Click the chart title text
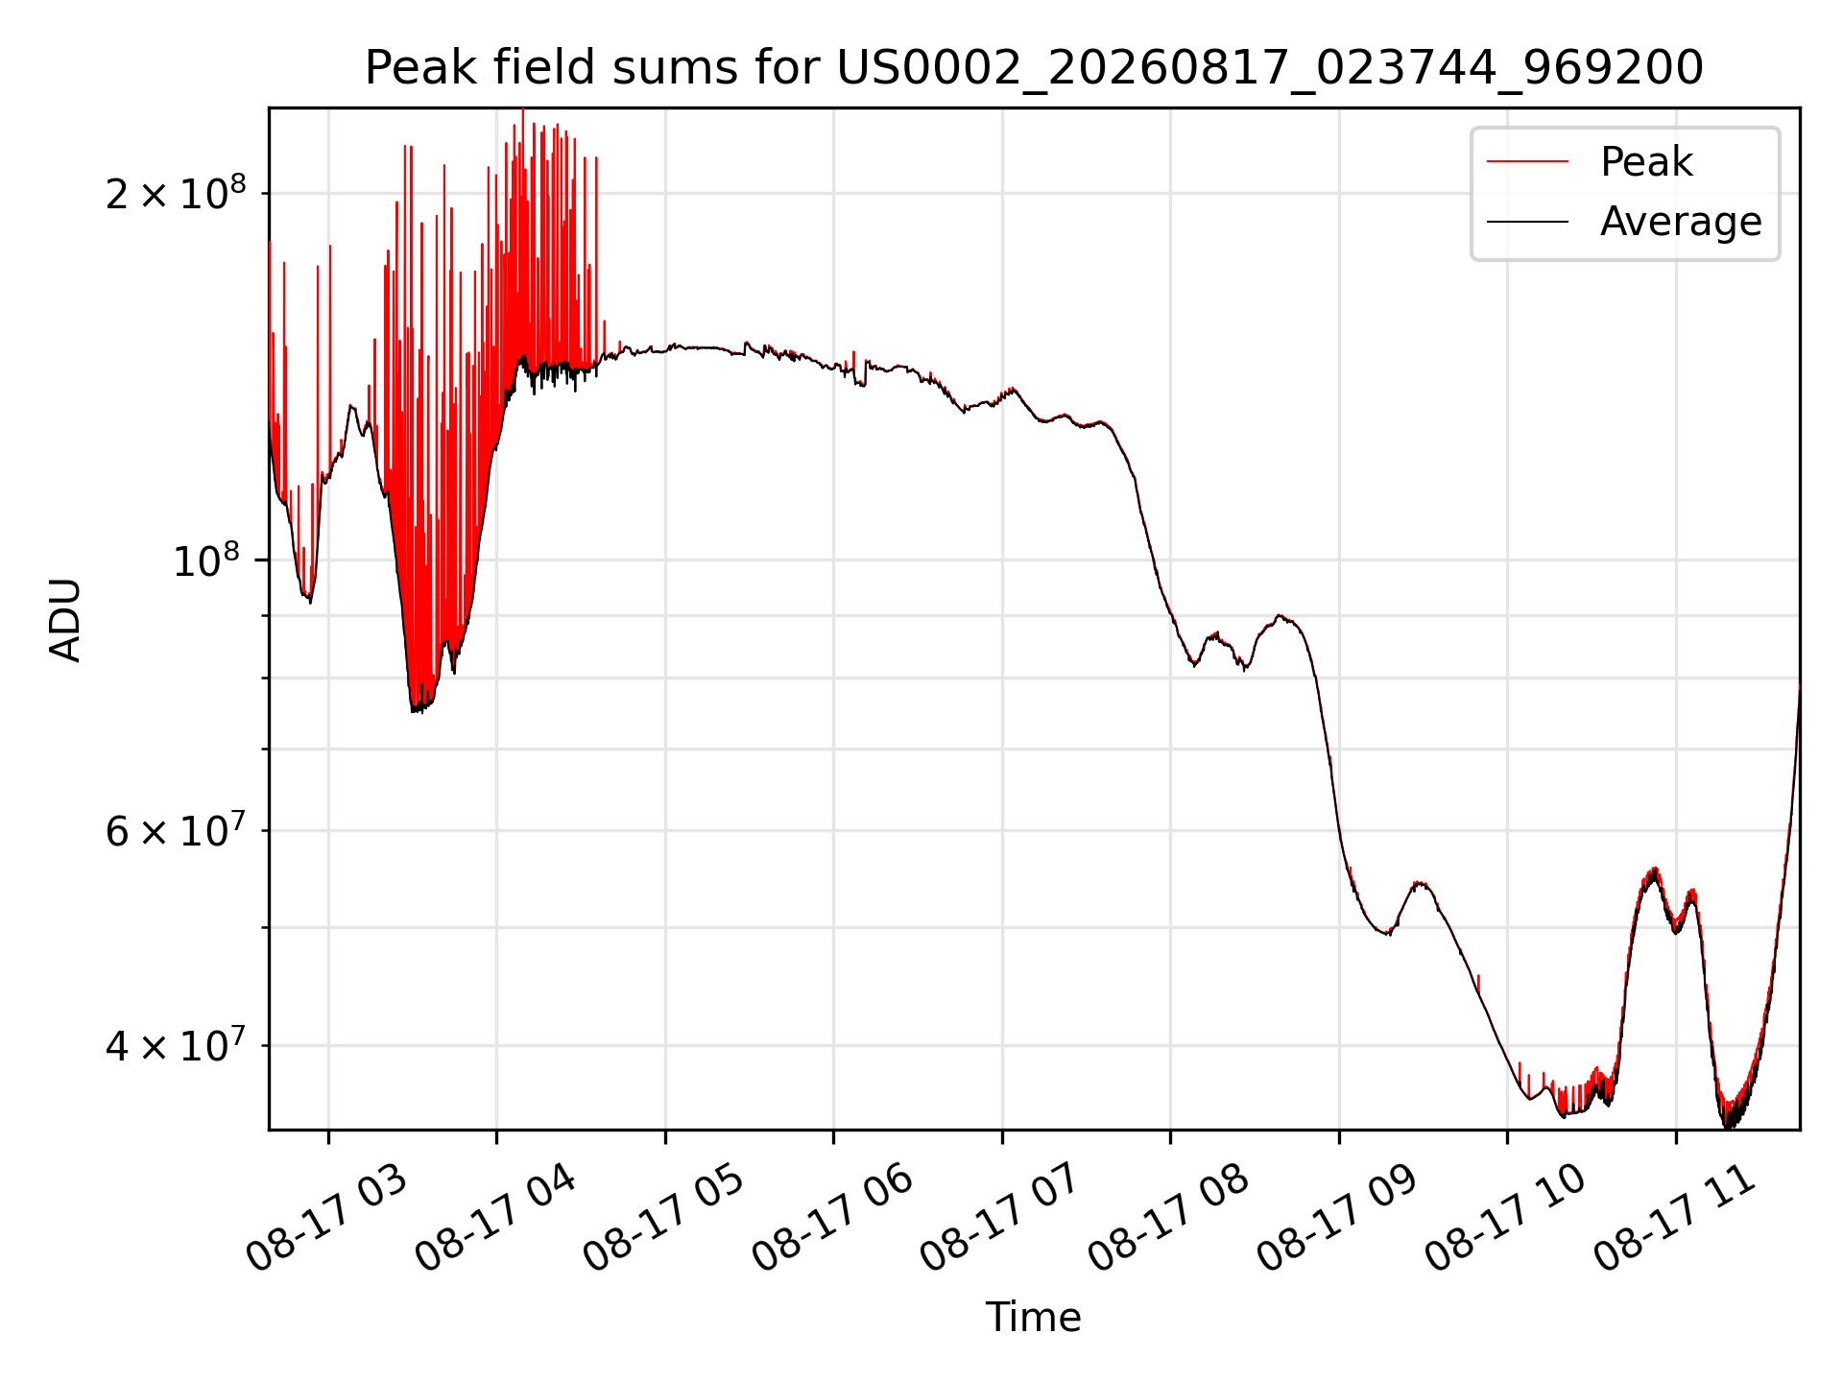click(x=1034, y=68)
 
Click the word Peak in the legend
click(x=1646, y=162)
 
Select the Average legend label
click(x=1681, y=222)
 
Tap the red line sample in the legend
click(x=1528, y=161)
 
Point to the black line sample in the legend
click(x=1528, y=222)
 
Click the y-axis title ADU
click(x=65, y=619)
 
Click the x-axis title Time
click(x=1034, y=1318)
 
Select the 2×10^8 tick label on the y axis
click(x=177, y=193)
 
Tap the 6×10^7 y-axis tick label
click(x=177, y=830)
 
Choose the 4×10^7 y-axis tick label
click(x=177, y=1045)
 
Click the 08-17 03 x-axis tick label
click(x=326, y=1218)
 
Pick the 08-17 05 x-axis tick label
click(x=663, y=1218)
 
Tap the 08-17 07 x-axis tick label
click(x=1000, y=1218)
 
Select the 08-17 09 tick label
click(x=1337, y=1218)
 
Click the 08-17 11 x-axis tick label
click(x=1675, y=1218)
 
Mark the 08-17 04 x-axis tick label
click(x=495, y=1218)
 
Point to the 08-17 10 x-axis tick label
click(x=1506, y=1218)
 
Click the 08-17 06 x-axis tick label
click(x=832, y=1218)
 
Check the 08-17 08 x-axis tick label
click(x=1169, y=1218)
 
